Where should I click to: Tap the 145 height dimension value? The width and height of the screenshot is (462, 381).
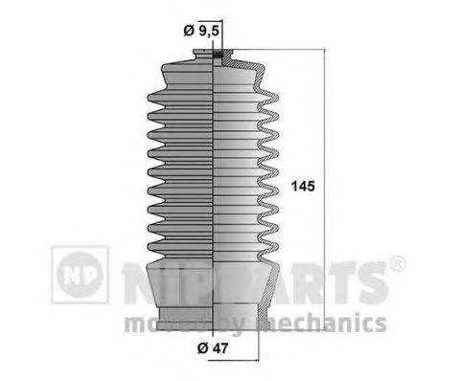[301, 186]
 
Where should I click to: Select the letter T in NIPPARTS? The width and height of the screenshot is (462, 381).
[340, 280]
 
